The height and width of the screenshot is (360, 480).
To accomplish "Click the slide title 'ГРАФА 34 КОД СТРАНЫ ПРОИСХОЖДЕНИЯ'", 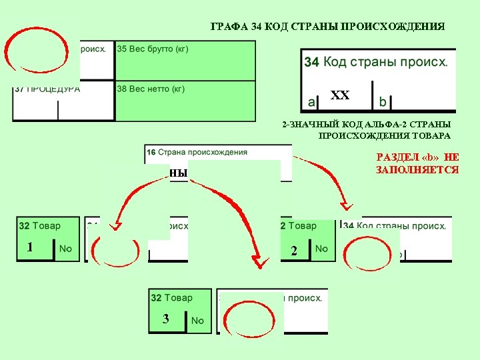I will click(x=327, y=27).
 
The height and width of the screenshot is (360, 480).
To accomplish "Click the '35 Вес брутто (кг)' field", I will click(x=153, y=49).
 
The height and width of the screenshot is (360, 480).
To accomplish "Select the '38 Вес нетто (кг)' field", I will click(x=151, y=89).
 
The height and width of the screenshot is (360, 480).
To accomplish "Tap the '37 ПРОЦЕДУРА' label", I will click(x=47, y=89).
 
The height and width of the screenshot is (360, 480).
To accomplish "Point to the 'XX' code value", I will click(x=340, y=95).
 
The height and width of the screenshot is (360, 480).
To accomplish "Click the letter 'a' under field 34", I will click(x=311, y=102).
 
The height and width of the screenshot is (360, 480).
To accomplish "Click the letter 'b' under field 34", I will click(x=382, y=102).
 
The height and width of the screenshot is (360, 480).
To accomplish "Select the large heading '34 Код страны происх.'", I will click(x=376, y=62).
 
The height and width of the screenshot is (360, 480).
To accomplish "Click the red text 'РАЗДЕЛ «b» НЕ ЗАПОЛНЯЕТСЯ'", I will click(x=417, y=163).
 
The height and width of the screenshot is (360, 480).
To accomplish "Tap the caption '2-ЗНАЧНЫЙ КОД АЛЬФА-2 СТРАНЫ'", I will click(x=366, y=125).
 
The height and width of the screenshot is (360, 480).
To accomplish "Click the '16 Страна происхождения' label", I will click(x=197, y=152).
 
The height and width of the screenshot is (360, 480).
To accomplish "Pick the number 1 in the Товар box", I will click(x=30, y=247).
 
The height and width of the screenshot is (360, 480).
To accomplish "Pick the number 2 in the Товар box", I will click(x=293, y=251).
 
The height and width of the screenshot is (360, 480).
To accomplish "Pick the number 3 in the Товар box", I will click(x=165, y=319).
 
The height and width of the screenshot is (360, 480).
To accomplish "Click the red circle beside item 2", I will click(x=363, y=251).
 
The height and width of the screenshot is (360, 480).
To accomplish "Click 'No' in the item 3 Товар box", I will click(x=197, y=321).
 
